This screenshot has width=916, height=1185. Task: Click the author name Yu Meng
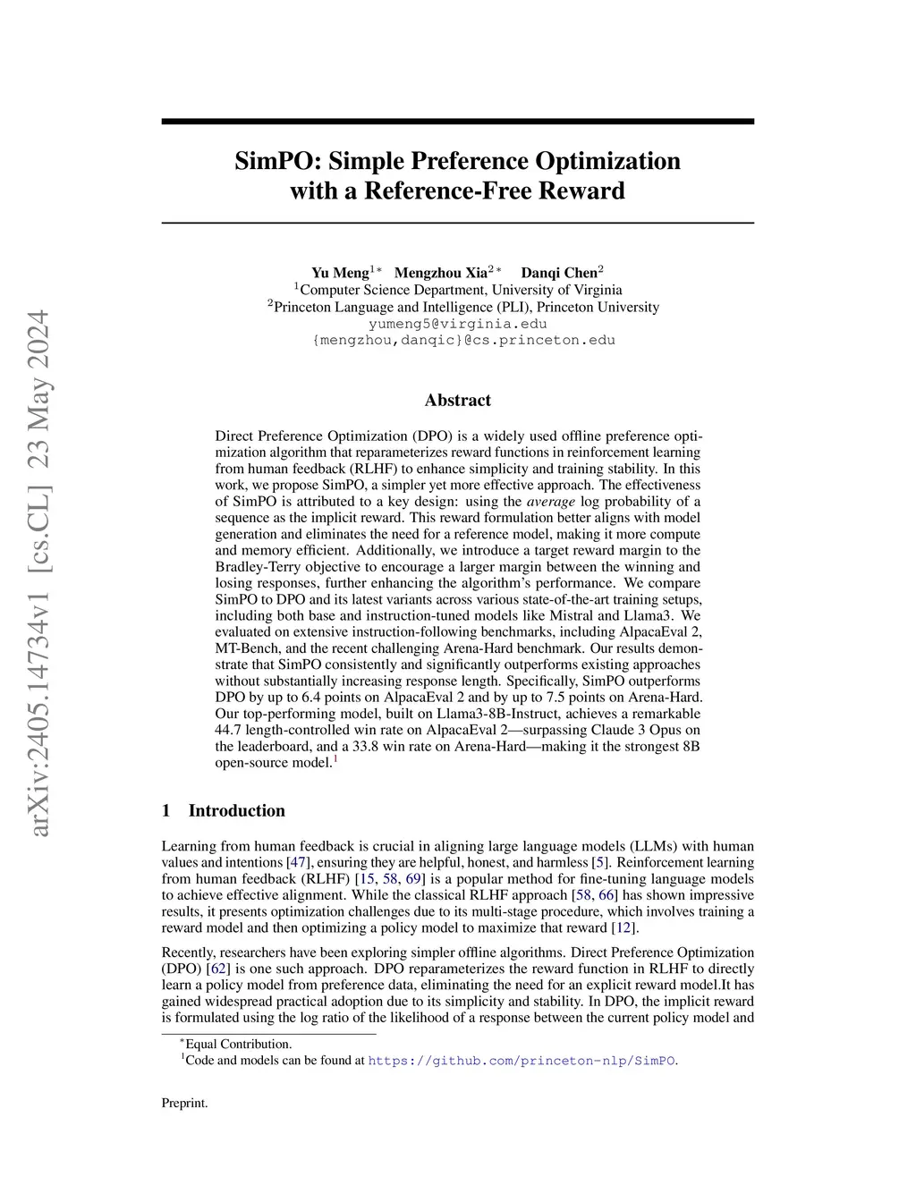(x=340, y=273)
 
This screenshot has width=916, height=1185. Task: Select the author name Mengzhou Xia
(x=441, y=273)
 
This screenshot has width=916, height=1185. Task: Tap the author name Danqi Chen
(x=559, y=273)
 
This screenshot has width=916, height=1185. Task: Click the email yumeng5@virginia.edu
(x=458, y=324)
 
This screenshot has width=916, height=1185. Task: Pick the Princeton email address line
(x=463, y=340)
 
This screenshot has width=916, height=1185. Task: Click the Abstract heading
(x=458, y=400)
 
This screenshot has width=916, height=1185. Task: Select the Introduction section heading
(x=236, y=811)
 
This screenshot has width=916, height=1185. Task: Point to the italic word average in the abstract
(x=550, y=501)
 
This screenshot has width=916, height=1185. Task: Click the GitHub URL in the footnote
(x=522, y=1061)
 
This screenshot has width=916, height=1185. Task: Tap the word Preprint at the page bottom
(x=184, y=1104)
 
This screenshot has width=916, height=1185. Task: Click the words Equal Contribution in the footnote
(x=238, y=1044)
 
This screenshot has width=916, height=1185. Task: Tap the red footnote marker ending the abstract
(x=335, y=759)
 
